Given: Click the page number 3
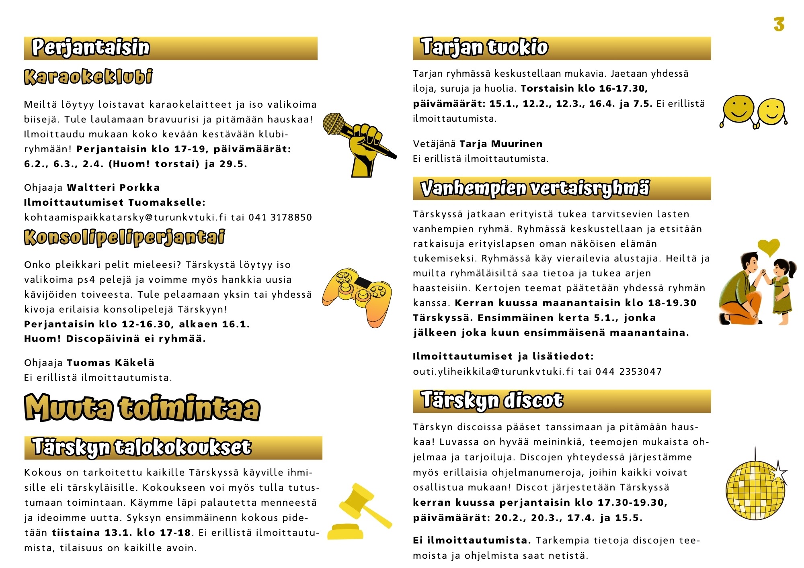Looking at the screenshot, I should tap(779, 25).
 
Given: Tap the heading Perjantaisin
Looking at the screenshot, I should tap(91, 47).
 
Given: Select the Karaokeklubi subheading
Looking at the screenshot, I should tap(88, 77).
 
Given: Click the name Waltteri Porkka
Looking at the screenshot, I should tap(113, 188).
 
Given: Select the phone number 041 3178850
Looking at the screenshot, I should tap(280, 217).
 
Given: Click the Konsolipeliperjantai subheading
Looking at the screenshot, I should tap(125, 237).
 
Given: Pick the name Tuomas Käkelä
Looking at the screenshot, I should tap(111, 363).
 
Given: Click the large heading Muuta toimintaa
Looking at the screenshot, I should tap(142, 408).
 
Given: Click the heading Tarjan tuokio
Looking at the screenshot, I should tap(484, 47).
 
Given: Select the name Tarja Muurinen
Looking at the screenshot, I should tap(501, 144).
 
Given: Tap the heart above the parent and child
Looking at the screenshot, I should tap(769, 247).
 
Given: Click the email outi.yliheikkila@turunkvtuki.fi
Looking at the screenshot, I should tap(493, 372).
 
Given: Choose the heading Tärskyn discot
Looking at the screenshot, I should tap(492, 400).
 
